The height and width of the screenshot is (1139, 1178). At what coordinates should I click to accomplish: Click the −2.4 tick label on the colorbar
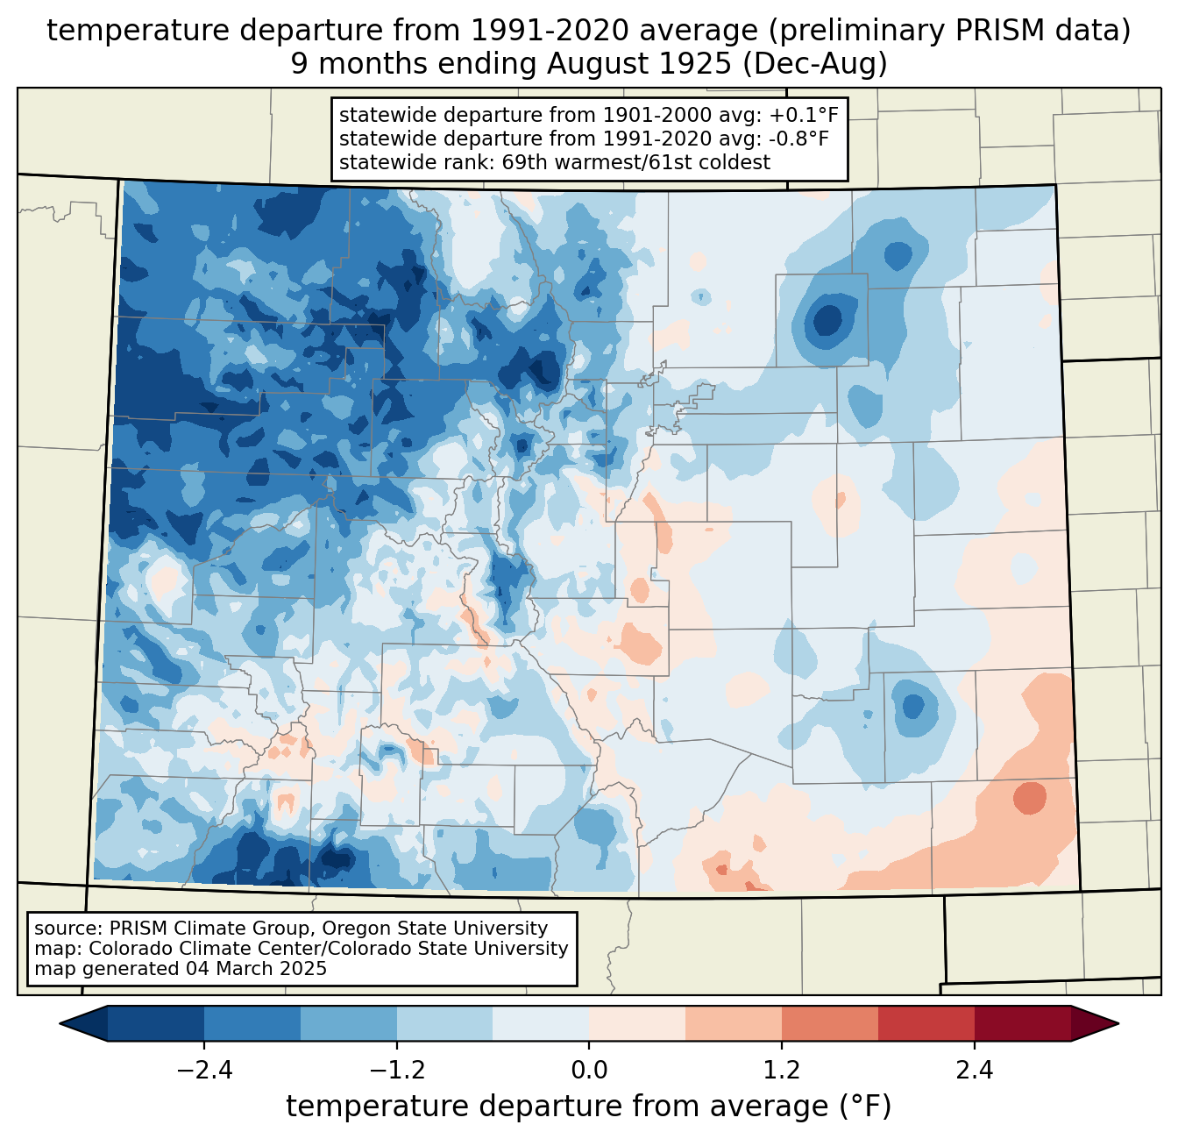pos(204,1071)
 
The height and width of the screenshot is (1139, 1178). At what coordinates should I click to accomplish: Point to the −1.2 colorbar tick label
pos(397,1071)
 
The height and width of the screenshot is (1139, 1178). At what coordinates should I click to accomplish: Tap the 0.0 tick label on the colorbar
pos(589,1071)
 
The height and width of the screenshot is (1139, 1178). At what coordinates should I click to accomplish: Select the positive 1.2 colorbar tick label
pos(782,1071)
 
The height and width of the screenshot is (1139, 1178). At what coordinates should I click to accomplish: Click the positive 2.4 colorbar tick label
pos(974,1071)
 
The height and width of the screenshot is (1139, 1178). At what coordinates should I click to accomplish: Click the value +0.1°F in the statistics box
pos(805,116)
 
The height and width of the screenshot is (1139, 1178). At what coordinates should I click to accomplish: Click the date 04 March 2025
pos(255,969)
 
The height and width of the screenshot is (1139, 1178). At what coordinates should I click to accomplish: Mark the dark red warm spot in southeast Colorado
pos(1029,799)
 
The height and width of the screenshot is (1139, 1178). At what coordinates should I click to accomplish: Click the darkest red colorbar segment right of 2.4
pos(1022,1023)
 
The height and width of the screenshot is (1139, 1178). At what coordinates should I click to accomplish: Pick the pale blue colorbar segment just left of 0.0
pos(541,1023)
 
